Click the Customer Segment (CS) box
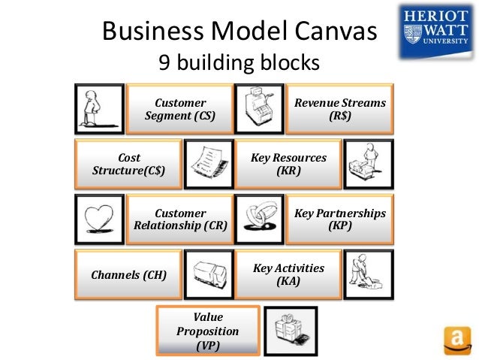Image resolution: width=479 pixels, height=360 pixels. click(x=179, y=110)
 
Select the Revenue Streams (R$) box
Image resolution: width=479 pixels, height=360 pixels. click(x=339, y=110)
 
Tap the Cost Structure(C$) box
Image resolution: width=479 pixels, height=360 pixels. click(x=128, y=164)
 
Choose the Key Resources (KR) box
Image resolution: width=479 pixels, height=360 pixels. click(x=288, y=164)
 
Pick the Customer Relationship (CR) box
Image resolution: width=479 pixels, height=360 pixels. click(x=179, y=219)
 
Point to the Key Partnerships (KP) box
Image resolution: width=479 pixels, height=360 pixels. click(x=339, y=219)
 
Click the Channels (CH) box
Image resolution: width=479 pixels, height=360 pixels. click(x=128, y=274)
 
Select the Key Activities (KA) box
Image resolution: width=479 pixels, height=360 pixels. click(x=288, y=274)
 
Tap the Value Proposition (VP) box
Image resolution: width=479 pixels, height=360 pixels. click(x=206, y=331)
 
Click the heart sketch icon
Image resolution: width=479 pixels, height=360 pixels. click(x=100, y=219)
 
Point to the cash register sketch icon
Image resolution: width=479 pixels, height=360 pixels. click(x=259, y=110)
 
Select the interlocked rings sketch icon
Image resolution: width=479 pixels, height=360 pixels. click(x=259, y=219)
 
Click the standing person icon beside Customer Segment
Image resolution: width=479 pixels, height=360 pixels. click(x=100, y=110)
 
